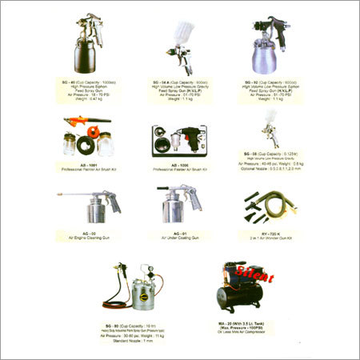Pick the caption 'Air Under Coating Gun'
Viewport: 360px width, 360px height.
pos(179,238)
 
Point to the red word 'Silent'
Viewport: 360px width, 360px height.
pos(253,277)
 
